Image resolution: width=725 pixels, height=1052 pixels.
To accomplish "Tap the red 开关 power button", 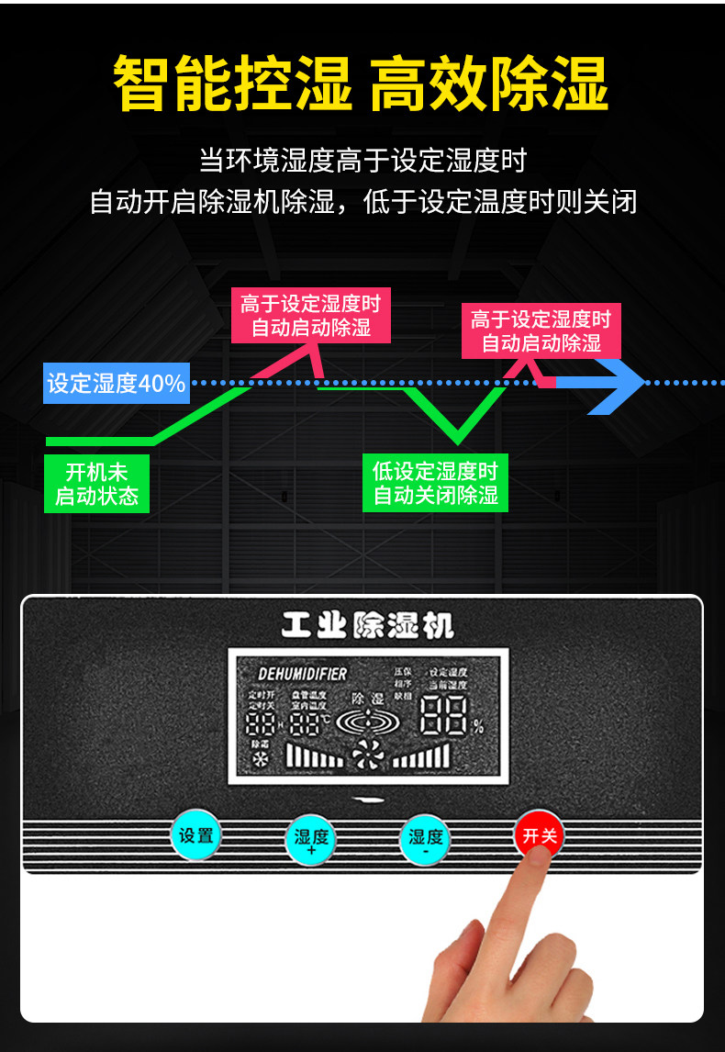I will (x=538, y=834).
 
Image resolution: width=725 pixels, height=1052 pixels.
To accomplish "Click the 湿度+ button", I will (x=310, y=839).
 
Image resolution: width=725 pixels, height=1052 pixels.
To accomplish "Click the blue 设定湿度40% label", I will (x=117, y=383).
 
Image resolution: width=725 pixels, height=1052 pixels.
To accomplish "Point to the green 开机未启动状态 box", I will (x=96, y=484).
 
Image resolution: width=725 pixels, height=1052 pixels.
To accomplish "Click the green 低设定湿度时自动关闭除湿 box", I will (x=435, y=484).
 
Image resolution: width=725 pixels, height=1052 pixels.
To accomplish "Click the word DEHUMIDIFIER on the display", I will (x=302, y=674).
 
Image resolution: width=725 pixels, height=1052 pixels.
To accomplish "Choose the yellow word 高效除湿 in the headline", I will (x=489, y=84).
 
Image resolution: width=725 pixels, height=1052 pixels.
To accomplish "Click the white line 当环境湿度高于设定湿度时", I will (x=362, y=161).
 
